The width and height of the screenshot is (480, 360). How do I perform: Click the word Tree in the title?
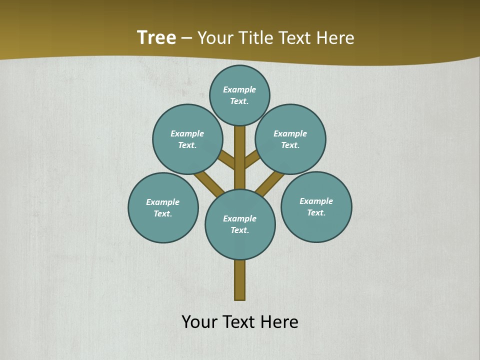(156, 37)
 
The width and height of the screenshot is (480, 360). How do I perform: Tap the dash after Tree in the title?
(186, 38)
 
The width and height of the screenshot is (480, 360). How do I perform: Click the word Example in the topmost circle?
(239, 90)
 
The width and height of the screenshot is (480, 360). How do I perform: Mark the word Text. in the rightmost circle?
(316, 212)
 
